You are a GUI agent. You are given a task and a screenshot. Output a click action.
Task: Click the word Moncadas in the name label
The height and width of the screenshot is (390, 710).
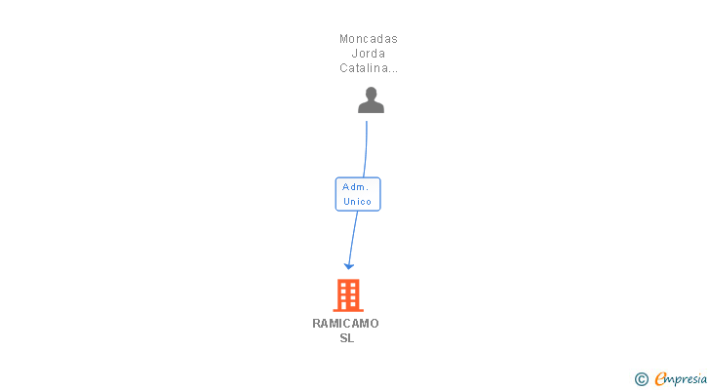[369, 39]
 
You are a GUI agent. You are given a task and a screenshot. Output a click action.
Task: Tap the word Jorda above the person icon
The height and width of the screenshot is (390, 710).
[369, 54]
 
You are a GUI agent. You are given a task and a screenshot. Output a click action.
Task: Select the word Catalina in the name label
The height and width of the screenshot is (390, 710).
[364, 68]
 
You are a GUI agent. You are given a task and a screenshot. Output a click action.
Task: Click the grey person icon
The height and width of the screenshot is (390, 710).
[371, 100]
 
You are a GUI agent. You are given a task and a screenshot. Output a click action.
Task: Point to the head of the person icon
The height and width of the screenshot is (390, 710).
[371, 94]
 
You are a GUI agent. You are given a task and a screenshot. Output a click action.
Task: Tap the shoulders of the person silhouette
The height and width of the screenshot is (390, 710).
[371, 107]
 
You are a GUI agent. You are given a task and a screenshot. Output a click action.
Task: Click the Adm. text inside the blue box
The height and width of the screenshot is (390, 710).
[355, 187]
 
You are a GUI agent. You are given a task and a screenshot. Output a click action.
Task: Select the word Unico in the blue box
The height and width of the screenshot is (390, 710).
[357, 201]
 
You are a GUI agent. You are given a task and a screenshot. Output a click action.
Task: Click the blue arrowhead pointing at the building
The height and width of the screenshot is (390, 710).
[349, 265]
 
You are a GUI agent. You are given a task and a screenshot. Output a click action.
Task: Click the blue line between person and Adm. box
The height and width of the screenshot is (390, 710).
[366, 149]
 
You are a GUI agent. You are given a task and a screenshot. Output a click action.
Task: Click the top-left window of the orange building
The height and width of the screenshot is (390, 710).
[343, 285]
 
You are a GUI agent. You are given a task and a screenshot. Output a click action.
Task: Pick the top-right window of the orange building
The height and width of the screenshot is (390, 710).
[353, 285]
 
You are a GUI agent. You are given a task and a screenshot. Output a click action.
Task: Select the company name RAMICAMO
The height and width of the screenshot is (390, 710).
[345, 324]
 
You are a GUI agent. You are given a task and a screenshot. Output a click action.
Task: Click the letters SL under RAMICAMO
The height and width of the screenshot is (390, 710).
[347, 338]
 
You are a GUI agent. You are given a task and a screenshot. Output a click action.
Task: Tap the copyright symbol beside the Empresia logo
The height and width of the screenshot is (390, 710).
[641, 379]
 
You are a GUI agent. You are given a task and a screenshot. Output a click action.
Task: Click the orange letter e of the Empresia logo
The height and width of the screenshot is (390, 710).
[660, 378]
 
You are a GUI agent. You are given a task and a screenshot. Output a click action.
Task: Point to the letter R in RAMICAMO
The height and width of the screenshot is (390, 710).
[317, 324]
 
